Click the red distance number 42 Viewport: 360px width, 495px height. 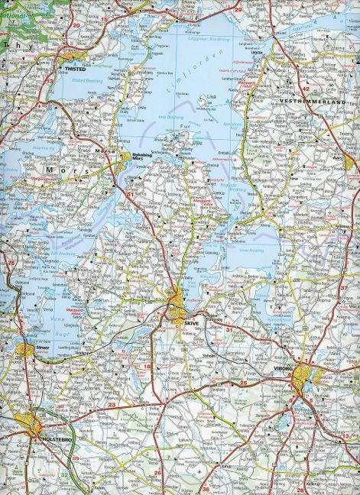pos(306,87)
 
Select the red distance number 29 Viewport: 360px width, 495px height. pos(238,9)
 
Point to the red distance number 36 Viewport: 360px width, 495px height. pos(206,488)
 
